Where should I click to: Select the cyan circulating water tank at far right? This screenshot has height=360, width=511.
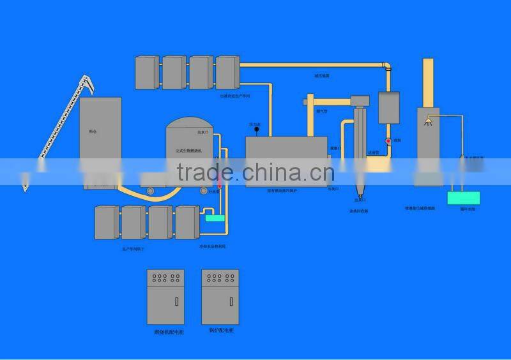pyautogui.click(x=463, y=198)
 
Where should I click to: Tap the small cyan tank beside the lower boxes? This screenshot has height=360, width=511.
pyautogui.click(x=215, y=218)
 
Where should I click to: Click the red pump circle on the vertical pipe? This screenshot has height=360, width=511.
pyautogui.click(x=388, y=140)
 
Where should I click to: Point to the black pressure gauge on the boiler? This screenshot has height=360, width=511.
pyautogui.click(x=256, y=130)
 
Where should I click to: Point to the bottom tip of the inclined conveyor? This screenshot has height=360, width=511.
pyautogui.click(x=26, y=188)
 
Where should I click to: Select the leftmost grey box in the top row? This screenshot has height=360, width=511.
pyautogui.click(x=147, y=72)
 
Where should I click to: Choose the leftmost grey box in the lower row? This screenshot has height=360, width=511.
pyautogui.click(x=106, y=222)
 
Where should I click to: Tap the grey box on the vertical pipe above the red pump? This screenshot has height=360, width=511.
pyautogui.click(x=388, y=107)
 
